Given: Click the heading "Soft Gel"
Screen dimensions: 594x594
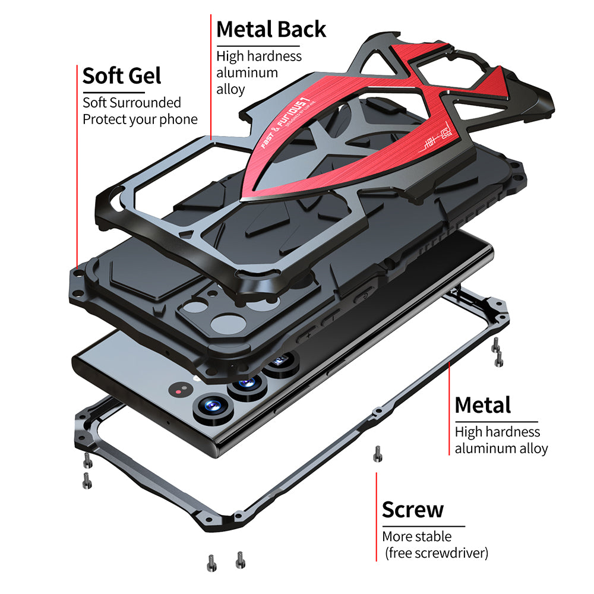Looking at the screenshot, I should pos(122,76).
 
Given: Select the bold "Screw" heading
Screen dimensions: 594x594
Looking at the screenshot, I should pos(412,510).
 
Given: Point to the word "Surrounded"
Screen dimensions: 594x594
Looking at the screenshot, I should pos(148,103).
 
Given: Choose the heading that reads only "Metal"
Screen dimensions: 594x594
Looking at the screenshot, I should pos(482,405).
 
